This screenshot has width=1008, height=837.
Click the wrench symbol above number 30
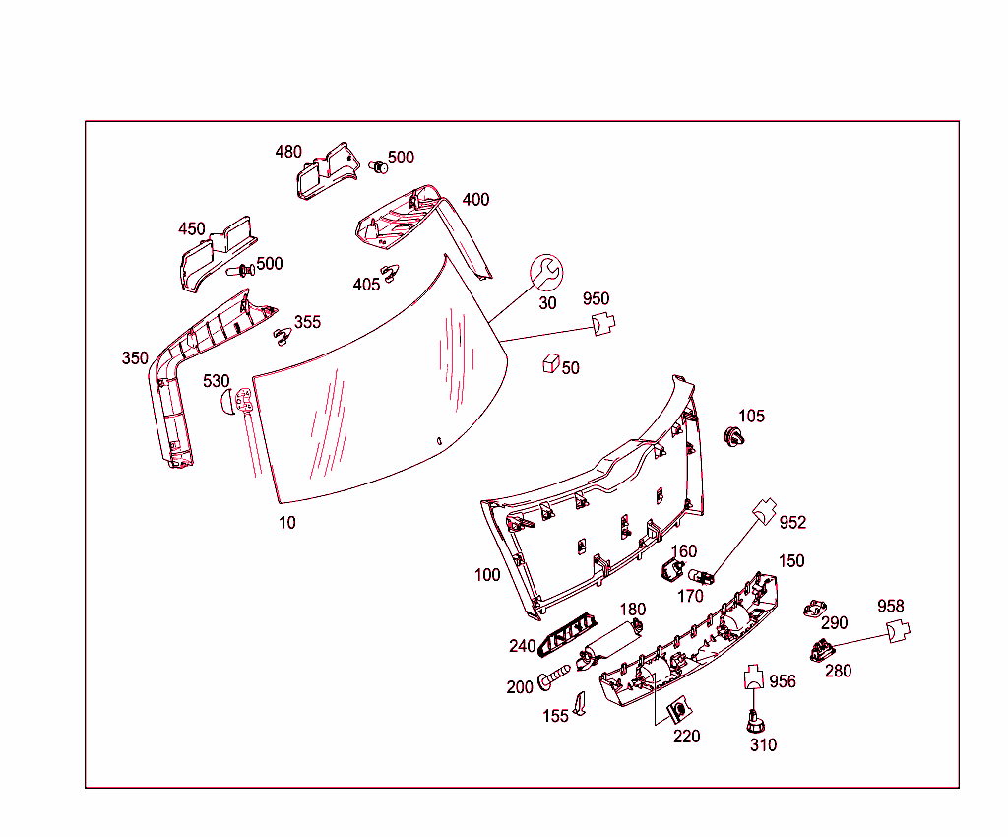[546, 272]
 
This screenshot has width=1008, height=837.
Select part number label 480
[288, 152]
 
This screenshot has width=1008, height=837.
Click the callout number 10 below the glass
[286, 523]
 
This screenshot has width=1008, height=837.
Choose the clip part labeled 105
[732, 436]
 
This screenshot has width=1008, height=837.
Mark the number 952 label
[792, 522]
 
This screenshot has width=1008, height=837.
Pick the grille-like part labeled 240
[571, 631]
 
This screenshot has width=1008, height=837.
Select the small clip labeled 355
[283, 336]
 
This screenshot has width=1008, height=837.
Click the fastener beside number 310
[754, 723]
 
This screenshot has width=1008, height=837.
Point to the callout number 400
[475, 200]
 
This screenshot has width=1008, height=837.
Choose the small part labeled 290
[814, 609]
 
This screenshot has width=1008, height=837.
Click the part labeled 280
[820, 649]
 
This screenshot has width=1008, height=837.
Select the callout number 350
[135, 358]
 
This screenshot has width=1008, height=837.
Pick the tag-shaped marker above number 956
[754, 676]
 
